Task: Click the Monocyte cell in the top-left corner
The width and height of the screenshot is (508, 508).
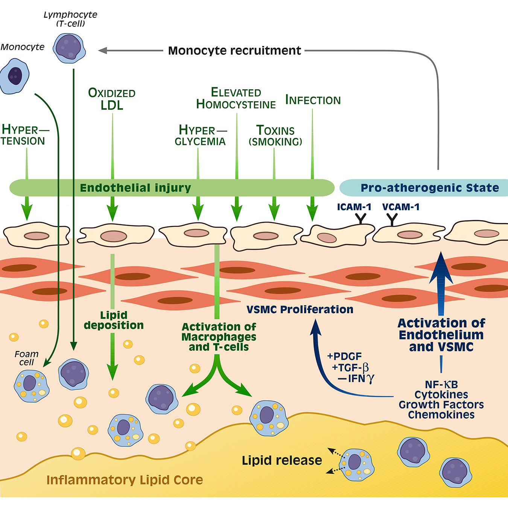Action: pyautogui.click(x=15, y=76)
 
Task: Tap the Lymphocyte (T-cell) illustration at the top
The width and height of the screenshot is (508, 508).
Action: pyautogui.click(x=69, y=48)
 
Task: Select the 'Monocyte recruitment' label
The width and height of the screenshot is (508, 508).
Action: pyautogui.click(x=234, y=50)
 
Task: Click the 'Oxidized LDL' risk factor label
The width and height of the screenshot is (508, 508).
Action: pyautogui.click(x=112, y=99)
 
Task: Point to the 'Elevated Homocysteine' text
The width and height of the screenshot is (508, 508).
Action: pyautogui.click(x=236, y=98)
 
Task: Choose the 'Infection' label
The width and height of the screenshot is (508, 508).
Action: pyautogui.click(x=313, y=100)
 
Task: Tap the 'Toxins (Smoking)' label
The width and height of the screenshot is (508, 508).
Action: pyautogui.click(x=275, y=136)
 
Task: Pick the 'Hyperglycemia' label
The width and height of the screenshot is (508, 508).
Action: pyautogui.click(x=201, y=135)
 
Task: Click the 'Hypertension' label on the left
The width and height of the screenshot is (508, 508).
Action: pyautogui.click(x=23, y=135)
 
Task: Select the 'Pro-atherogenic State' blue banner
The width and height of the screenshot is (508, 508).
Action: pyautogui.click(x=429, y=188)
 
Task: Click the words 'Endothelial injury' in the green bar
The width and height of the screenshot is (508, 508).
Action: pyautogui.click(x=135, y=188)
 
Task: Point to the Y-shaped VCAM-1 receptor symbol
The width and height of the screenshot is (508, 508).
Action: pyautogui.click(x=392, y=219)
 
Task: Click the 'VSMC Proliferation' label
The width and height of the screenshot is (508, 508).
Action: pyautogui.click(x=300, y=310)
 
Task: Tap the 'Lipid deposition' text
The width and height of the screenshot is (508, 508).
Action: pyautogui.click(x=114, y=320)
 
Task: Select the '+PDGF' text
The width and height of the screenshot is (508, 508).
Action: pyautogui.click(x=344, y=356)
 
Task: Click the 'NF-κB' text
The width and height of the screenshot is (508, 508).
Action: pyautogui.click(x=441, y=385)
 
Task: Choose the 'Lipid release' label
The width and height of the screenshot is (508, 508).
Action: pyautogui.click(x=282, y=460)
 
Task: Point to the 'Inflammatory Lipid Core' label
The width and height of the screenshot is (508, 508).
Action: pyautogui.click(x=125, y=480)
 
